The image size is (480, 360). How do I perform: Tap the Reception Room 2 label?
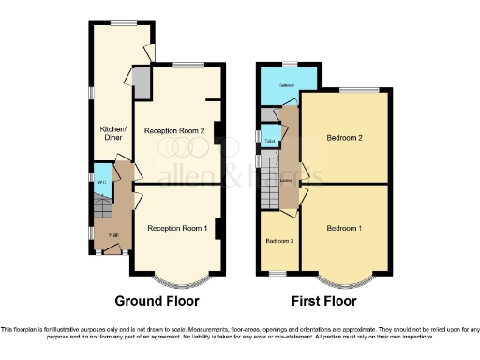tap(175, 131)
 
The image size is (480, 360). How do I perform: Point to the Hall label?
tap(112, 234)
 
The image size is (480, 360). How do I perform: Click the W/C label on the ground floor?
tap(101, 182)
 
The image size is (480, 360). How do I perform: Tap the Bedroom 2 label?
tap(344, 138)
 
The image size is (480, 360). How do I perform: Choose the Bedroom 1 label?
tap(344, 228)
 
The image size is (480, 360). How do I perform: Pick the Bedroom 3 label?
tap(279, 241)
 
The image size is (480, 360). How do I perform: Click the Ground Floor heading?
tap(157, 301)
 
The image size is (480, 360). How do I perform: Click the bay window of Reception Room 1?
tap(176, 278)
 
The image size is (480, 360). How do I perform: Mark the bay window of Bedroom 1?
tap(344, 278)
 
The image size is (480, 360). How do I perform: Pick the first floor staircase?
tap(272, 195)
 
